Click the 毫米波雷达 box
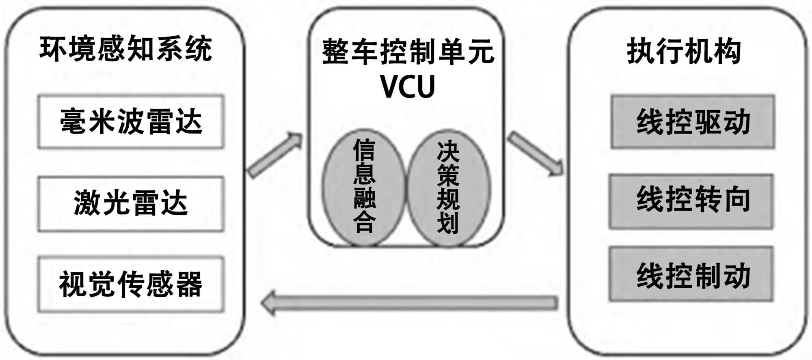pos(131,122)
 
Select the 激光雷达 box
pos(131,203)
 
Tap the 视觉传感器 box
pos(131,284)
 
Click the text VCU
pos(408,86)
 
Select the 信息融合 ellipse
pos(364,188)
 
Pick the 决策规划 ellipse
pos(448,188)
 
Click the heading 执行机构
pos(684,52)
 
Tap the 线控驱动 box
pos(693,122)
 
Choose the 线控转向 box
pos(692,200)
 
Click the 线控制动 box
pos(692,275)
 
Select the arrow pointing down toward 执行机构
pos(536,153)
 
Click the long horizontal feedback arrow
pos(410,303)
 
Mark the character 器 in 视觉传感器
pos(190,284)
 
